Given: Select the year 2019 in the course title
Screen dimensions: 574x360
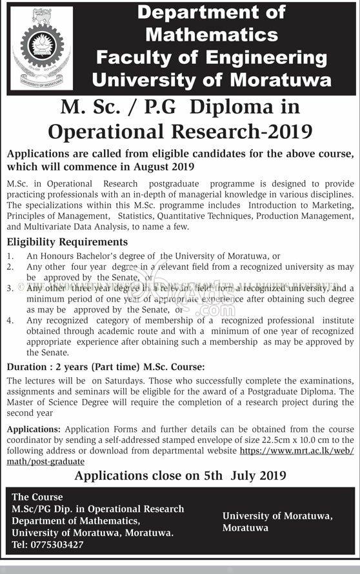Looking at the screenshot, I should pos(289,131).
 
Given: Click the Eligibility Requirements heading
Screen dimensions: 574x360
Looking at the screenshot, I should pos(67,242).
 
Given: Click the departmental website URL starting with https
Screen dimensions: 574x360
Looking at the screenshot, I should pos(297,451).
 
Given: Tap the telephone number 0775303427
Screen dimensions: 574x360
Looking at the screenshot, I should pos(57,544).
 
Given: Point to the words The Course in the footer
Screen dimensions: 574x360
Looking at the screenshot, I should pos(37,497).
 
